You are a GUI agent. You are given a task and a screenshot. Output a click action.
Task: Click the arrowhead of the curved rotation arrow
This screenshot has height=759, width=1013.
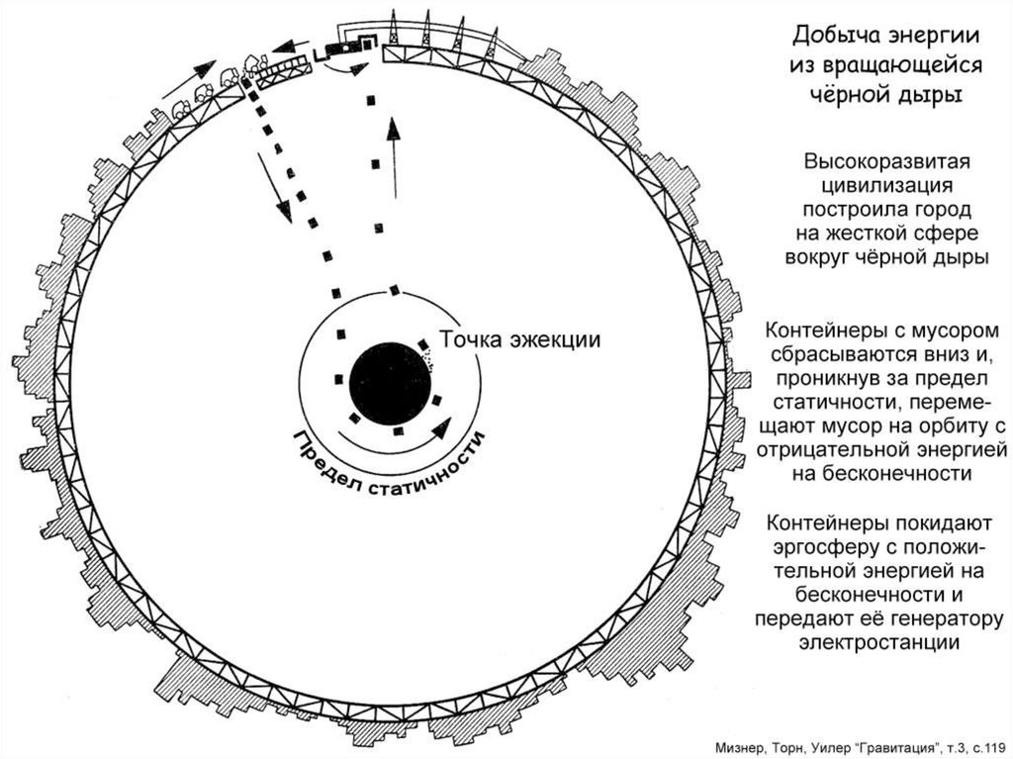click(x=440, y=427)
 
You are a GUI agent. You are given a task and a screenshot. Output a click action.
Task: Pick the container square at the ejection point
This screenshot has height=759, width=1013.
click(x=423, y=346)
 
